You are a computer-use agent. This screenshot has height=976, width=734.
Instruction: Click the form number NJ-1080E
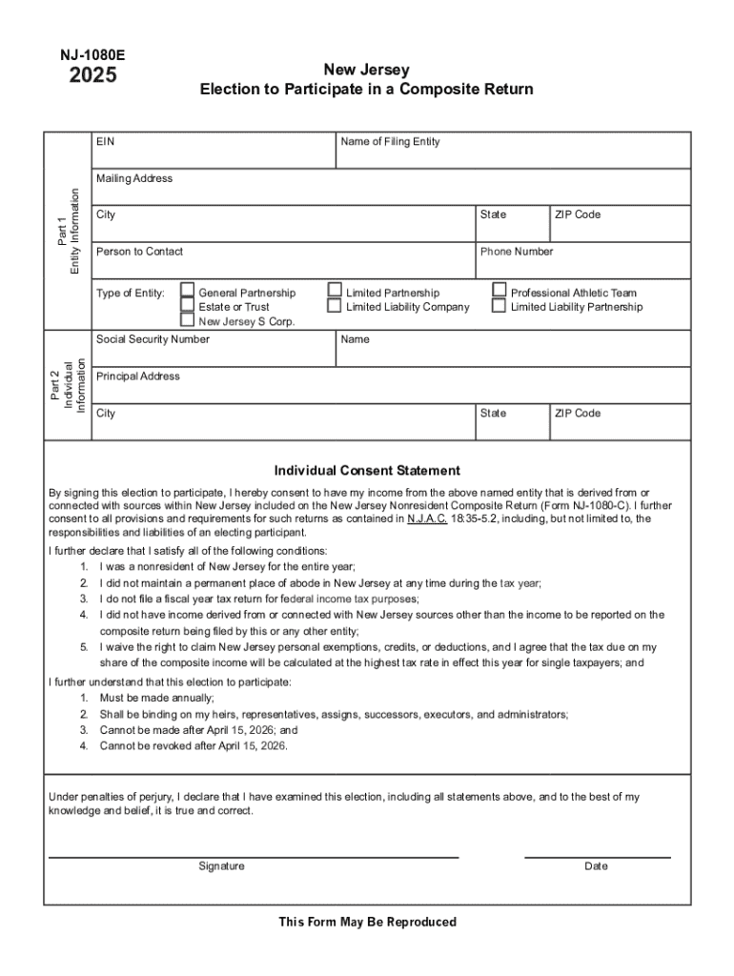click(92, 55)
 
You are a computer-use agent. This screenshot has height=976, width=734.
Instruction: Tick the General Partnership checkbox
click(188, 292)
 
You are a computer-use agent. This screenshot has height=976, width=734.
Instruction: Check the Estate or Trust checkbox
click(188, 307)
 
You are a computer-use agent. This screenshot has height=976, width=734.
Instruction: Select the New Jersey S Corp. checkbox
click(188, 321)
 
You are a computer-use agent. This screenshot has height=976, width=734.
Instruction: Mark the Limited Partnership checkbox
click(335, 292)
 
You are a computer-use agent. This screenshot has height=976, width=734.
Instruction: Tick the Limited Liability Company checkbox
click(335, 307)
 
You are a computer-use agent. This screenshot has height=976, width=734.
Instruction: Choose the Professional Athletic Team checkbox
click(500, 292)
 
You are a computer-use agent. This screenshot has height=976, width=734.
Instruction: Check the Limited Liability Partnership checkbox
click(500, 307)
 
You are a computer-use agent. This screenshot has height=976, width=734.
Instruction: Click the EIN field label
click(105, 142)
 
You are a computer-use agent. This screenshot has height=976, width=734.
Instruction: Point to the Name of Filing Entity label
click(391, 142)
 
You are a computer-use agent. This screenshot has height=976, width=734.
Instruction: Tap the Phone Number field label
click(516, 252)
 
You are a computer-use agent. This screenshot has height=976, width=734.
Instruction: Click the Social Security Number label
click(153, 339)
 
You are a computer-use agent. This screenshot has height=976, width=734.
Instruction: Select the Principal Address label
click(137, 376)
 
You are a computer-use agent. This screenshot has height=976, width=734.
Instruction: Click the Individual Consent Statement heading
click(367, 471)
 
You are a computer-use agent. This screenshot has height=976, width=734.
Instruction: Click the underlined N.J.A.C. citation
click(427, 519)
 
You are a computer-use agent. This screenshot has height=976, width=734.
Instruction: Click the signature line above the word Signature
click(254, 857)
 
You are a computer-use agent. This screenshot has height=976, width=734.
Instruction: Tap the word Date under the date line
click(596, 866)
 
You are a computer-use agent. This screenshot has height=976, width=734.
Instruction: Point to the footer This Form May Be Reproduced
click(367, 922)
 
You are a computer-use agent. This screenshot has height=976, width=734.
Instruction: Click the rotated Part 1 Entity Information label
click(68, 231)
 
